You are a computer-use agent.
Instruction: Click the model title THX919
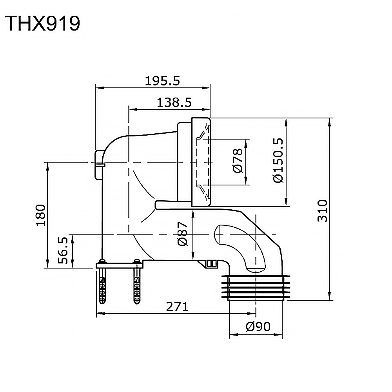coord(42,24)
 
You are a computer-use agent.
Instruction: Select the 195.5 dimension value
coord(162,81)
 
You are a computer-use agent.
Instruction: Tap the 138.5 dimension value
coord(174,103)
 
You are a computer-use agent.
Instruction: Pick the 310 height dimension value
coord(322,211)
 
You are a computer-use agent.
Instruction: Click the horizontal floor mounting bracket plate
coord(120,265)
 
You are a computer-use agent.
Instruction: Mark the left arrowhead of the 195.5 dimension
coord(98,87)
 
